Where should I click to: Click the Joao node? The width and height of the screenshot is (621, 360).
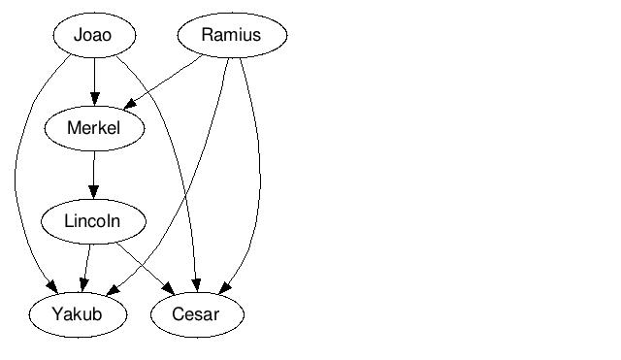(x=94, y=35)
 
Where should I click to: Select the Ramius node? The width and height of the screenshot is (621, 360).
(x=232, y=35)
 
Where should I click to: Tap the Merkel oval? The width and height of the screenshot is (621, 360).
(x=94, y=128)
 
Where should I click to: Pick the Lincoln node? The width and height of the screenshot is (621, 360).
(x=93, y=221)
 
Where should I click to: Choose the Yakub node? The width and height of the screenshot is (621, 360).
(x=78, y=314)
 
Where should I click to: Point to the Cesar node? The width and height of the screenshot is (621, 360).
(x=197, y=314)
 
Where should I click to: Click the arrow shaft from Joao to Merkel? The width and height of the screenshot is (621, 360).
(x=94, y=82)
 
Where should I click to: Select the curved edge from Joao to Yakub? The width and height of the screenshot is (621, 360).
(x=16, y=175)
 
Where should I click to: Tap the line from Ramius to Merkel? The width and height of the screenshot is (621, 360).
(x=163, y=82)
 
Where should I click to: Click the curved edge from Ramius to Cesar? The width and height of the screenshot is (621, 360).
(x=260, y=175)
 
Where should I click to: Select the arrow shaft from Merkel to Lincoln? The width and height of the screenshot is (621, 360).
(x=94, y=175)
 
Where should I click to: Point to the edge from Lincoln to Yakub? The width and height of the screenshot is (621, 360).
(x=85, y=268)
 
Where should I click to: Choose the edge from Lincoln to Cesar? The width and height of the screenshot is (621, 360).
(x=146, y=269)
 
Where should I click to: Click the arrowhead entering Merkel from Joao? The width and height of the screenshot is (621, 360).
(x=94, y=99)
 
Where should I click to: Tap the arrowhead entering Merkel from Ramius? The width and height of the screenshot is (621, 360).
(x=129, y=104)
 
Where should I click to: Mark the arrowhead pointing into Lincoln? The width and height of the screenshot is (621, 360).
(x=94, y=192)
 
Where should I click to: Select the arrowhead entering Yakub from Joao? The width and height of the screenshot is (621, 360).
(x=52, y=286)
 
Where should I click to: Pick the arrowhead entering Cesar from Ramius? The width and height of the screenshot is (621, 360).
(x=224, y=288)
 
